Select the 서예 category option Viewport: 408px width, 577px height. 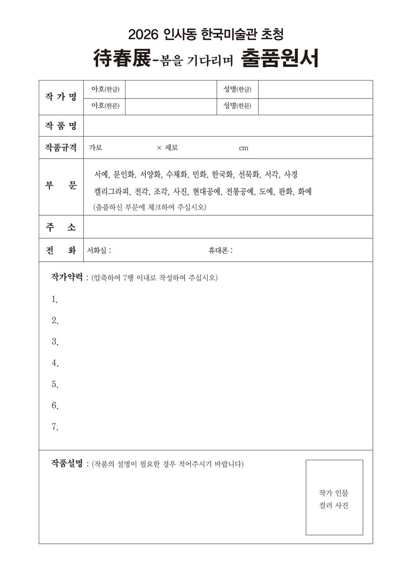[x=100, y=174]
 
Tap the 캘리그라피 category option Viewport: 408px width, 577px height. [x=112, y=192]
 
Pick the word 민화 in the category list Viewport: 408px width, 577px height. [x=199, y=174]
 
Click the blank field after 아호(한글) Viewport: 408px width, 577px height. [x=170, y=89]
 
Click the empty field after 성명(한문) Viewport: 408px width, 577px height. [x=315, y=107]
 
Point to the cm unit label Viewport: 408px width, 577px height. [x=243, y=148]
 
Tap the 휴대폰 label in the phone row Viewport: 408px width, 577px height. [x=219, y=250]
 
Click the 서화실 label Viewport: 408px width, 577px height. [x=98, y=250]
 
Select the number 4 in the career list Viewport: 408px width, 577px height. [x=55, y=363]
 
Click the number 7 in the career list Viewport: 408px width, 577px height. [x=55, y=427]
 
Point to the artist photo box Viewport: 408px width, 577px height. [x=334, y=497]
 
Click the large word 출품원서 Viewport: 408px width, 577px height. [x=279, y=59]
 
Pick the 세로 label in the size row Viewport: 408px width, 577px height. [x=171, y=148]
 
